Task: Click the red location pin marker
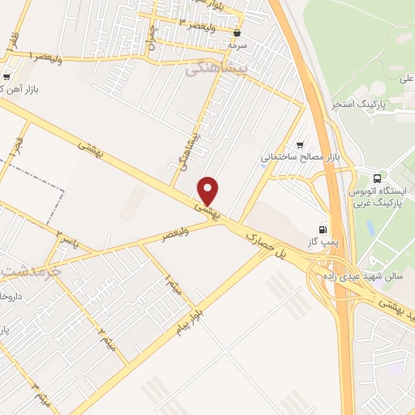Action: (x=209, y=191)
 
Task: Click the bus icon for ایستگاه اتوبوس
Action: (x=376, y=178)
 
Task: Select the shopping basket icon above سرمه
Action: (x=237, y=33)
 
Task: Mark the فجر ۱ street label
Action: (x=13, y=148)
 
